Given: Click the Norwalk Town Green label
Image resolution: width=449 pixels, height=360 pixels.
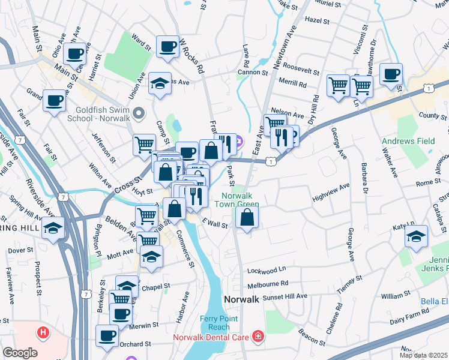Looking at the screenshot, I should (240, 200).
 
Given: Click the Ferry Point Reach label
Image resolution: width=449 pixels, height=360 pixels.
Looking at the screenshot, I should (218, 323).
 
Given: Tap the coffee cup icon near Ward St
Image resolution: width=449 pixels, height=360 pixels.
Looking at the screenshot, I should (167, 46).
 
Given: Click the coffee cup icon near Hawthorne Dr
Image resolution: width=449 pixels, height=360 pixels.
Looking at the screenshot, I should (391, 74).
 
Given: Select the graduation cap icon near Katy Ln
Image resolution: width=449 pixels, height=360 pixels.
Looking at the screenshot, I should (416, 236).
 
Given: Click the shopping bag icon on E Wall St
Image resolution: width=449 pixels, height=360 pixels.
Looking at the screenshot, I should (247, 217).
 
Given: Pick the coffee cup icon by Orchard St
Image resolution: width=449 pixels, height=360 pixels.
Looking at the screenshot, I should (107, 336).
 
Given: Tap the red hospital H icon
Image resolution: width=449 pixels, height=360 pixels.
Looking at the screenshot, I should (43, 331).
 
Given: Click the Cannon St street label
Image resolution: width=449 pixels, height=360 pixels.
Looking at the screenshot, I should (253, 72).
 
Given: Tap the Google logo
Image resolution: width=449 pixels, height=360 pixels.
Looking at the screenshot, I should (20, 353).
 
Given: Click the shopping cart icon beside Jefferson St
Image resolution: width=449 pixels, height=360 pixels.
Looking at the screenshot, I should (144, 145).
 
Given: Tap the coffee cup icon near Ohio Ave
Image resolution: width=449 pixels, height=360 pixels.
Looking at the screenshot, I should (75, 53).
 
